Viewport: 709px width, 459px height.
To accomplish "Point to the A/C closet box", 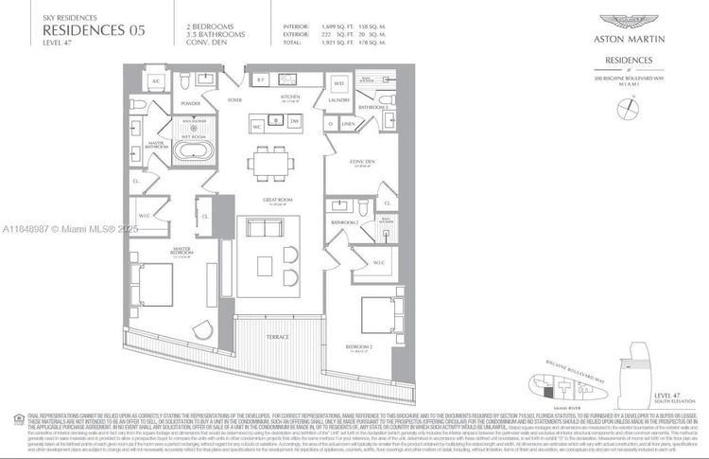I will [156, 81].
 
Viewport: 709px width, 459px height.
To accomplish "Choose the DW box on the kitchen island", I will [294, 121].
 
